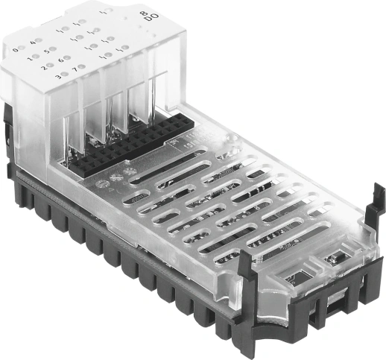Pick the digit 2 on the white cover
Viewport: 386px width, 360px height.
coord(43,66)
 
